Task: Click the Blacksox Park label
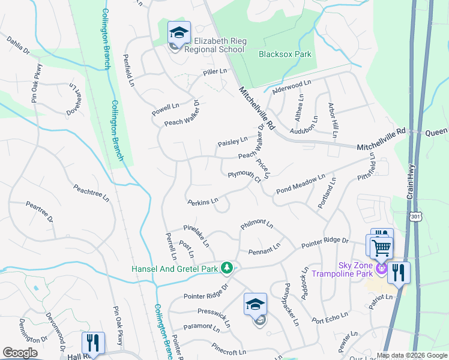tap(285, 54)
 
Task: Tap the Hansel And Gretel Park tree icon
tap(226, 267)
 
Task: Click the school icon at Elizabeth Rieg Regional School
tap(179, 34)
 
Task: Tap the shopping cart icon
tap(382, 247)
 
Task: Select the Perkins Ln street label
tap(202, 202)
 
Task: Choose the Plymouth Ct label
tap(245, 176)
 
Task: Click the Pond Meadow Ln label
tap(300, 184)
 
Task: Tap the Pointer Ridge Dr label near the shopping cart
tap(325, 241)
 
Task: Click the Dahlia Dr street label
tap(18, 45)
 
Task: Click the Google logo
tap(20, 353)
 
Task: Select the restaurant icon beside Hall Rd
tap(93, 343)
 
